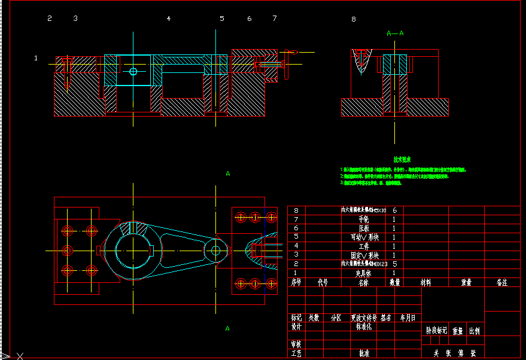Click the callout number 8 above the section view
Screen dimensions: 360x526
353,19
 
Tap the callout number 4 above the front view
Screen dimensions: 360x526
169,19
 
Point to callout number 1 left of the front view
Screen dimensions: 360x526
36,58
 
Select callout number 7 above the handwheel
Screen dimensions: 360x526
275,19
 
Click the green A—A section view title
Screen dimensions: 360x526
395,33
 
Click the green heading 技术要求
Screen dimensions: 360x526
402,160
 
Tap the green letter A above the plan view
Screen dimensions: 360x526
227,173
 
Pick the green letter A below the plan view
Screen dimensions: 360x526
227,328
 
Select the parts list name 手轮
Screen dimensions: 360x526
363,219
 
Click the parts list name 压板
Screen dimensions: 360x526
363,228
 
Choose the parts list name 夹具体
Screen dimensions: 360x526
363,273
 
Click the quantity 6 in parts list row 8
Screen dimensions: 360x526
394,210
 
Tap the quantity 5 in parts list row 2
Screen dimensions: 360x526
394,264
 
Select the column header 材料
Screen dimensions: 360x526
426,282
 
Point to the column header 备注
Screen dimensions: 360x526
501,282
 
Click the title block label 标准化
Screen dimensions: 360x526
364,327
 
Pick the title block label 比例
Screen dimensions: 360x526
474,330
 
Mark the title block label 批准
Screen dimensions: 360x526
364,353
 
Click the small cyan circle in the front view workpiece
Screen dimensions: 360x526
133,72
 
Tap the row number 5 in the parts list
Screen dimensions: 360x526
296,237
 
